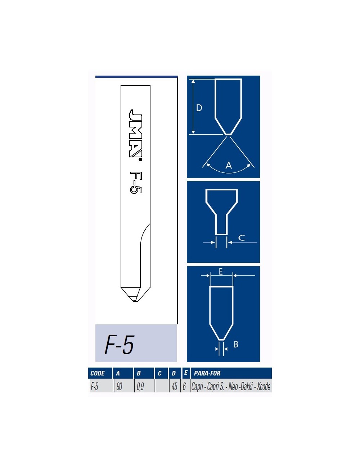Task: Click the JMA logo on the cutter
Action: point(135,133)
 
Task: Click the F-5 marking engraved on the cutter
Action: point(136,183)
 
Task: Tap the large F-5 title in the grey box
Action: point(120,345)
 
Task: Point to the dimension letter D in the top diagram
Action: point(199,108)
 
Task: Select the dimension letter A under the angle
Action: point(229,165)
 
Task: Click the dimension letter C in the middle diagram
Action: point(242,238)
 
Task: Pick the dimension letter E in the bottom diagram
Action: point(221,271)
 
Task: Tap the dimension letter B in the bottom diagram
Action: point(236,345)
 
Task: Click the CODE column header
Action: point(98,373)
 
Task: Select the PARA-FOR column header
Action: point(207,373)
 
